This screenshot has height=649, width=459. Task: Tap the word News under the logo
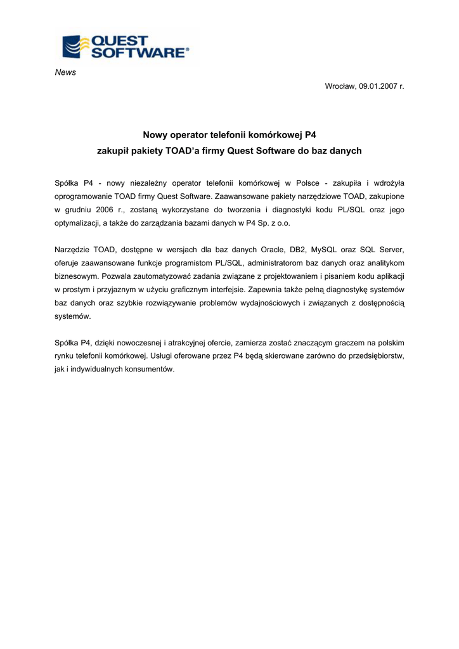tap(65, 72)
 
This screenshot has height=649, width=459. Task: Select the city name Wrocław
tap(340, 86)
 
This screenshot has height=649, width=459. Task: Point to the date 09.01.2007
tap(376, 86)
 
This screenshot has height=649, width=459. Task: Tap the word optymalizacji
tap(82, 224)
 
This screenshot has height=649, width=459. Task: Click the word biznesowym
tap(77, 276)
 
